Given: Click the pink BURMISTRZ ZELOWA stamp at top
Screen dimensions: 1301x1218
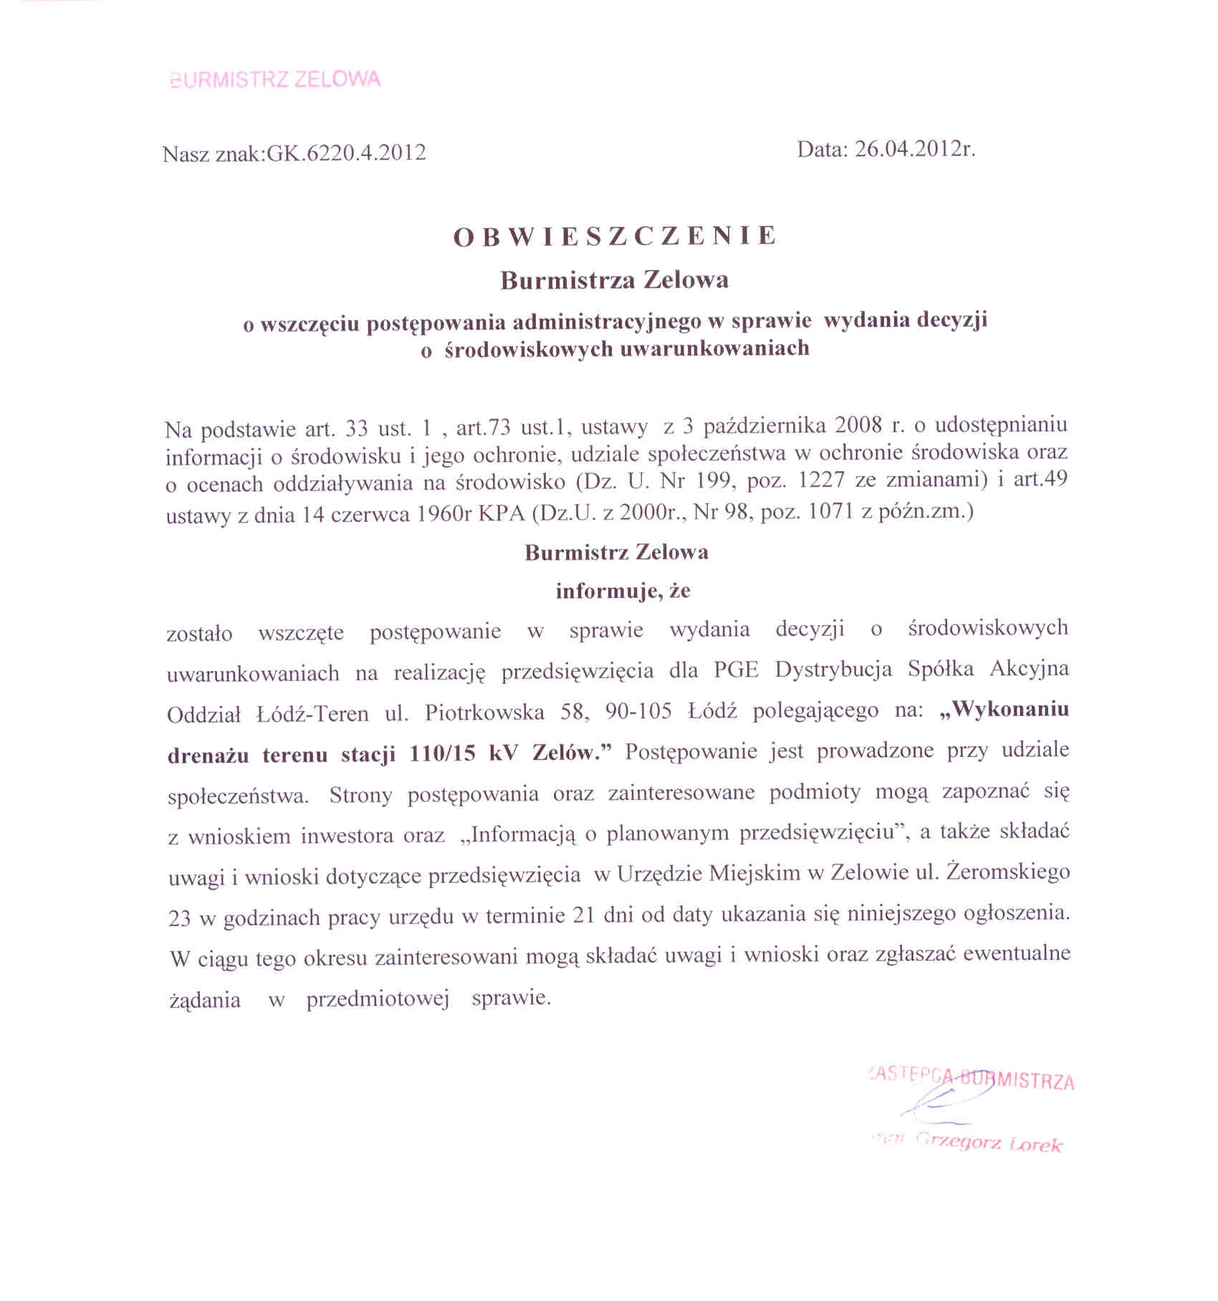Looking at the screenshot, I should [276, 80].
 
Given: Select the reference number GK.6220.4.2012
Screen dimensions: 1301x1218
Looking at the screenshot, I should [346, 153].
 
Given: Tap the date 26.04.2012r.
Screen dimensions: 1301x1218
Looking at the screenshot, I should [915, 149].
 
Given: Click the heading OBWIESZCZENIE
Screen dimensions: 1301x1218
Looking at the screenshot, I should [615, 237].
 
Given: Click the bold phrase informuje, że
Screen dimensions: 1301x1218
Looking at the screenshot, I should [623, 591].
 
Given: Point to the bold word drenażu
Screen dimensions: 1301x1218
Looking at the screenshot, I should [208, 755].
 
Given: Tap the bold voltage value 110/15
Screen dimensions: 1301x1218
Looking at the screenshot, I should [441, 754].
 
